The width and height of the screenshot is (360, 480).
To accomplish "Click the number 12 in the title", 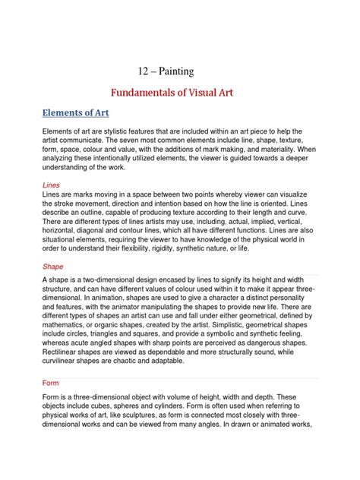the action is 144,71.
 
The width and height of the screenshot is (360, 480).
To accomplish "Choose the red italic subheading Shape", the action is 53,267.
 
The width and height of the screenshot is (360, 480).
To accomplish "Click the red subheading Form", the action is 52,383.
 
